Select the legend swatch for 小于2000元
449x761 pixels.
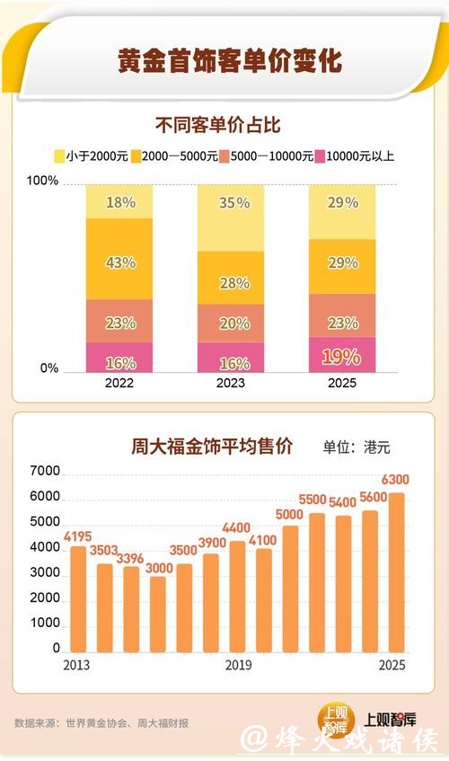coord(60,156)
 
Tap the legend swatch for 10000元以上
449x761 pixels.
coord(319,156)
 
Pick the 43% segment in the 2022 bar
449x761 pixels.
coord(119,262)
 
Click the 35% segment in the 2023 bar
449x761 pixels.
coord(232,203)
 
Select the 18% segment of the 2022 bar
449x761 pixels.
coord(119,202)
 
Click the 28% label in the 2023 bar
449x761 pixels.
coord(232,283)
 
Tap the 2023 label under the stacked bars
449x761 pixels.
coord(232,383)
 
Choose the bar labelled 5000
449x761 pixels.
coord(290,588)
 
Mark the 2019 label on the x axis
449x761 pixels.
coord(238,665)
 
